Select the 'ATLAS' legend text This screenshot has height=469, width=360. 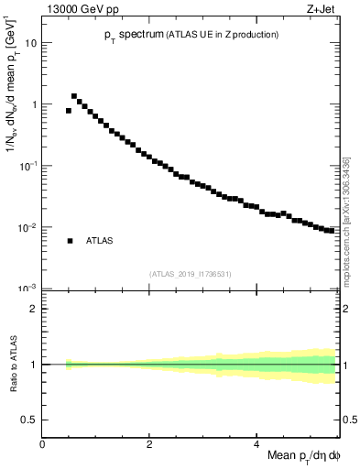coord(101,241)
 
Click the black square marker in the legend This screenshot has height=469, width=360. coord(70,241)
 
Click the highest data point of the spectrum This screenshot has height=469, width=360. coord(74,95)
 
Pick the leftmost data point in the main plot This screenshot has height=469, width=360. coord(69,111)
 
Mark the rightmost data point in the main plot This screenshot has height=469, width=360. coord(332,230)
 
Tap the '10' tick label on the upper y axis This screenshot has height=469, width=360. coord(31,43)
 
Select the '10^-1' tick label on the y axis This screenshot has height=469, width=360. coord(27,166)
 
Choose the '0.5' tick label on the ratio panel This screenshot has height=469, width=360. coord(29,420)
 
